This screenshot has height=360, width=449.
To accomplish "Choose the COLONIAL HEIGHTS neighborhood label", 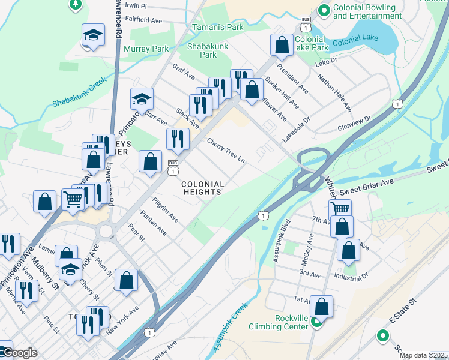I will tap(203, 188).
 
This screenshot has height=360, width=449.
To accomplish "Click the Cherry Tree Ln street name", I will tap(226, 152).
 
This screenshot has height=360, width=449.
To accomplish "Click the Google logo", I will tap(19, 353).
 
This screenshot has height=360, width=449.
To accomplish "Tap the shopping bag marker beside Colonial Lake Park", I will tap(281, 44).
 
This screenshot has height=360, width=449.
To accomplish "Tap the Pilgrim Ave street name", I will tap(165, 209).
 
